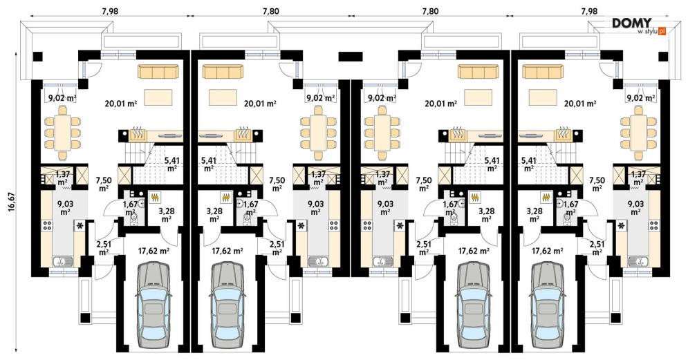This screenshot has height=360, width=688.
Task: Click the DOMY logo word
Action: [x=632, y=23]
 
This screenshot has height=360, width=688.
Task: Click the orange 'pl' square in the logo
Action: [x=662, y=31]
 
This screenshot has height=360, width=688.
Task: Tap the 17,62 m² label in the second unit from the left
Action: [x=227, y=252]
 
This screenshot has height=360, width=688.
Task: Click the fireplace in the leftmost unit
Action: [x=138, y=135]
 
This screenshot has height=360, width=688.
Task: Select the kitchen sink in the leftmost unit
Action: [x=64, y=262]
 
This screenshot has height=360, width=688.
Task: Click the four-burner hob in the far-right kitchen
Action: [x=654, y=226]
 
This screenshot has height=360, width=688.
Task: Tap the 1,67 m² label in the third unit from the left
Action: [x=451, y=208]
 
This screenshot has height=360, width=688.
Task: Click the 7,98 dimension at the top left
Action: [x=110, y=10]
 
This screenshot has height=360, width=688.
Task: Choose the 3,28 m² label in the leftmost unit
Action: [x=167, y=215]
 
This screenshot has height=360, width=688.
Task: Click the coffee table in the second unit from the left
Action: [x=223, y=97]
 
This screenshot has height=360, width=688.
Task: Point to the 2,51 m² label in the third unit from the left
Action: [x=424, y=248]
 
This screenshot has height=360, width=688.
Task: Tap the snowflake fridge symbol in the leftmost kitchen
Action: [x=80, y=226]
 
